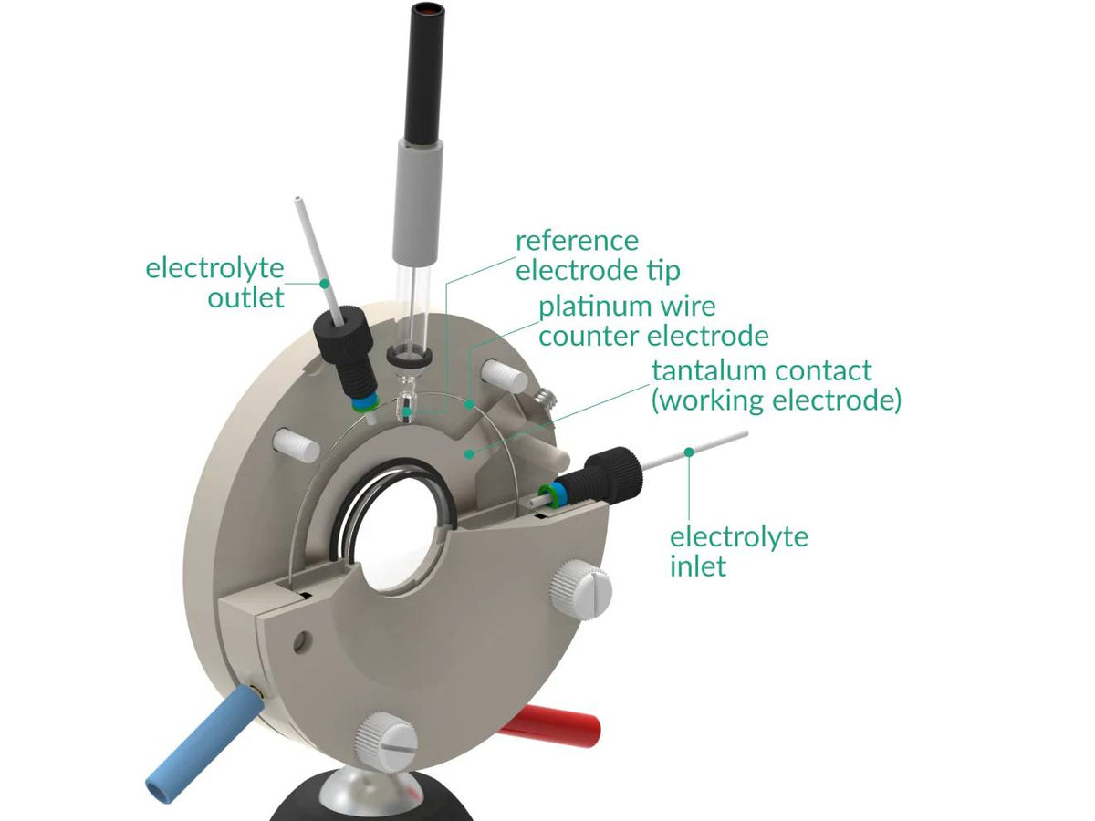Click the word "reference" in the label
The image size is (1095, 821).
tap(577, 242)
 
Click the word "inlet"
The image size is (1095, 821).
tap(698, 566)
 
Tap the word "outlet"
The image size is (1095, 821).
tap(245, 297)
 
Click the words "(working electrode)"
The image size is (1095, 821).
tap(776, 401)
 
